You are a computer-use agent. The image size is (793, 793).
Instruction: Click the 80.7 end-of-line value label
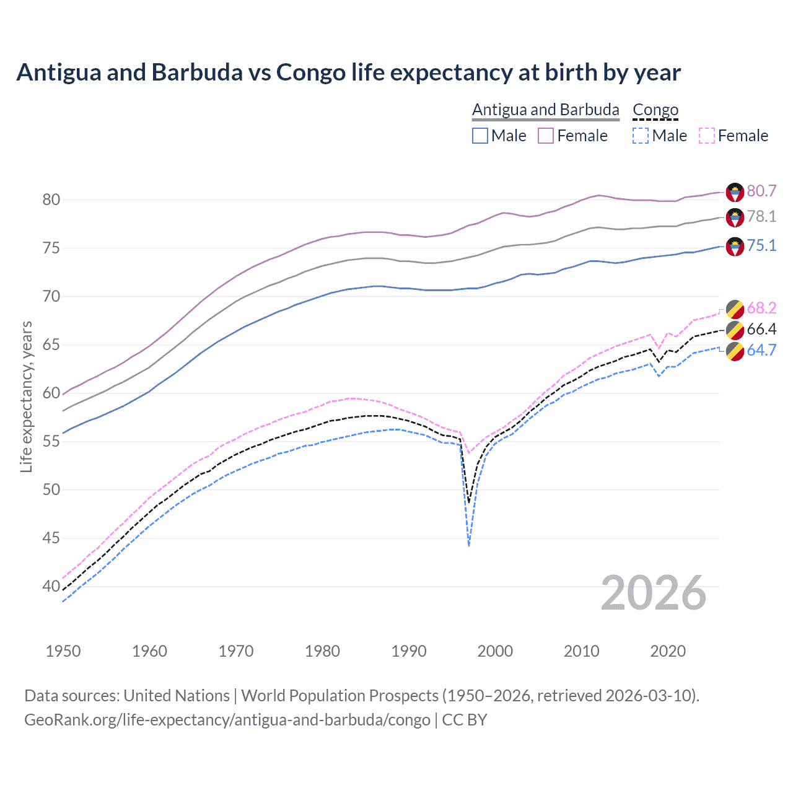click(x=761, y=191)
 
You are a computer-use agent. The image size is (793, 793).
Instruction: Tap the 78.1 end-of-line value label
click(x=761, y=216)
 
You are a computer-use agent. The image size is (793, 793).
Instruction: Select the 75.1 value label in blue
click(x=761, y=246)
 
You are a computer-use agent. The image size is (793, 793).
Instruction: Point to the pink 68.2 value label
click(x=761, y=308)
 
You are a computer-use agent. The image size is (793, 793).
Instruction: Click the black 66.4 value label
click(x=761, y=329)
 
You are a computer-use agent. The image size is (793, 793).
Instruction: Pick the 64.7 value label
click(x=761, y=350)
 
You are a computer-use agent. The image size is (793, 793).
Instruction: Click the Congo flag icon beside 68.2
click(x=735, y=309)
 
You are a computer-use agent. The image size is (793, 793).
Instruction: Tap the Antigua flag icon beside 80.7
click(x=735, y=192)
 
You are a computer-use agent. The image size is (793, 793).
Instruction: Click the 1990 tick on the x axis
click(x=409, y=651)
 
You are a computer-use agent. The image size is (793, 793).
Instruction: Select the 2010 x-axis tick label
click(x=581, y=651)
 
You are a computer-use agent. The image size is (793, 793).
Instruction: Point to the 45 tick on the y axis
click(x=51, y=538)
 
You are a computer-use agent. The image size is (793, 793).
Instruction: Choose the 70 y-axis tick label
click(x=51, y=297)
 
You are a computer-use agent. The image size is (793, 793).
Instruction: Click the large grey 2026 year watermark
click(x=653, y=594)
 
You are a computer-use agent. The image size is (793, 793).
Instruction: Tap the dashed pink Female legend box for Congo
click(x=707, y=136)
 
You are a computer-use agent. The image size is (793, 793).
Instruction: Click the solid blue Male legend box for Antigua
click(x=480, y=136)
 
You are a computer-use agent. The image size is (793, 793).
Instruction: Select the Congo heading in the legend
click(x=655, y=110)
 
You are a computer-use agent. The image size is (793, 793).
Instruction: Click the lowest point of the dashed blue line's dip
click(x=469, y=545)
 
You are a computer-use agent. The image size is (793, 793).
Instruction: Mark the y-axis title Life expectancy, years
click(x=26, y=396)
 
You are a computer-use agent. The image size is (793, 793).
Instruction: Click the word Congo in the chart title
click(x=310, y=72)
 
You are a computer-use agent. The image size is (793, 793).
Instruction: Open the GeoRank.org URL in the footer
click(x=227, y=720)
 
